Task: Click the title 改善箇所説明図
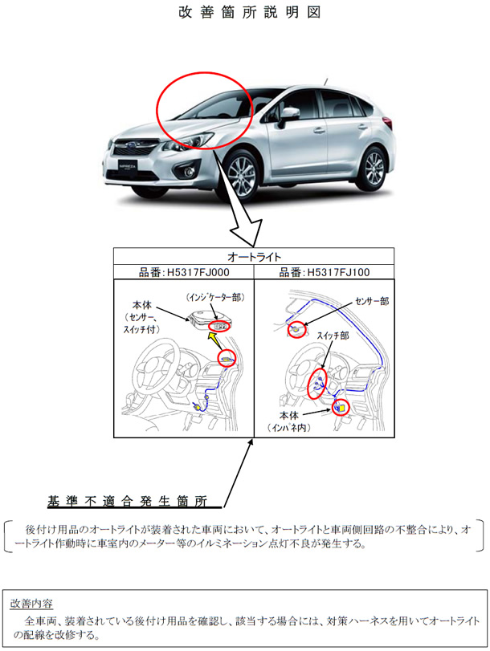pyautogui.click(x=245, y=14)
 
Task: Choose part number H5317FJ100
pyautogui.click(x=324, y=272)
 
